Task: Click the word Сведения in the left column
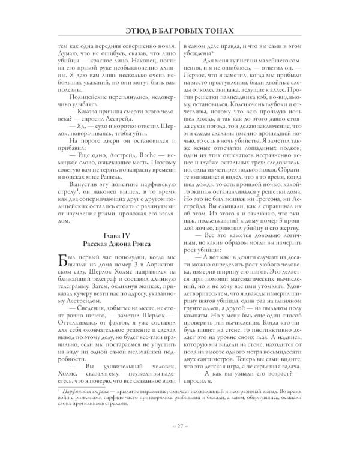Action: pyautogui.click(x=73, y=296)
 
